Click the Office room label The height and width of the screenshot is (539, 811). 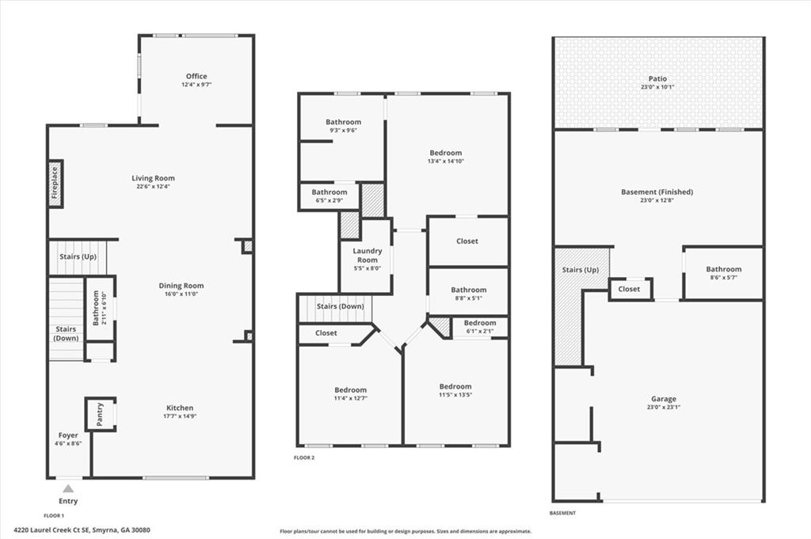point(196,77)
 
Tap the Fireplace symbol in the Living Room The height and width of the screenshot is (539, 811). point(55,184)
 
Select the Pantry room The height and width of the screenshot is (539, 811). point(101,415)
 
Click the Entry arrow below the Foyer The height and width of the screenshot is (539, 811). point(68,489)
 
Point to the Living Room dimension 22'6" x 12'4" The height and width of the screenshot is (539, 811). point(153,187)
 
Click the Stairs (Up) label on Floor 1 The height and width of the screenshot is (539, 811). point(78,257)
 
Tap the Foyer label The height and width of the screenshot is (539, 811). point(68,435)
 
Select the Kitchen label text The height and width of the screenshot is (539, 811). point(179,408)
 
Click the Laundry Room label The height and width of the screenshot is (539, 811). point(367,255)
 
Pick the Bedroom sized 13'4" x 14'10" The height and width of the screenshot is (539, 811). point(445,153)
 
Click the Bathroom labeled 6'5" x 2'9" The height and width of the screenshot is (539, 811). point(329,192)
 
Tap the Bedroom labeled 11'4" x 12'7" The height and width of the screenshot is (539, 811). point(350,390)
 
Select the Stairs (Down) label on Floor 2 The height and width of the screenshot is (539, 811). point(340,306)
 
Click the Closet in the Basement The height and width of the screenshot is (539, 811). point(629,289)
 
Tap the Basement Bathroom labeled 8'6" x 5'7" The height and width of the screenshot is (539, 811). point(723,270)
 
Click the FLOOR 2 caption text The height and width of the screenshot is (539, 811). point(305,457)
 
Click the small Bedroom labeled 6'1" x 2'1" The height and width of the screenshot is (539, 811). point(479,323)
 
